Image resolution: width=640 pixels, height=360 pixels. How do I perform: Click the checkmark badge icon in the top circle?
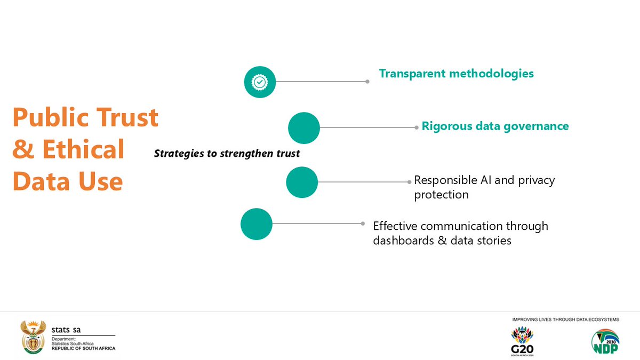(260, 82)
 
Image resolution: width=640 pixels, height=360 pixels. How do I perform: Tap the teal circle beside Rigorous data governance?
(304, 128)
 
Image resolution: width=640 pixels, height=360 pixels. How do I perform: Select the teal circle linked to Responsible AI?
(302, 182)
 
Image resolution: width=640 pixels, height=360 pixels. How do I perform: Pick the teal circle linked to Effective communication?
(257, 224)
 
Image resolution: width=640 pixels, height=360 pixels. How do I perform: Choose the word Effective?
(397, 226)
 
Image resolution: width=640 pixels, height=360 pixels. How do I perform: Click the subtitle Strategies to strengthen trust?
(227, 154)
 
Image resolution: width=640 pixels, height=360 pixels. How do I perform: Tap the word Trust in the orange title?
(129, 118)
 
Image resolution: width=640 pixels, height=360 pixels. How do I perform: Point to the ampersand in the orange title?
(22, 150)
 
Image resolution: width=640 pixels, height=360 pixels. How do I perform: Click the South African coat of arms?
(33, 338)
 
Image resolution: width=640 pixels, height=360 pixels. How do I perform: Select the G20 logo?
(522, 342)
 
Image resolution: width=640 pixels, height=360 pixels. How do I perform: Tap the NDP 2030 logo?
(605, 342)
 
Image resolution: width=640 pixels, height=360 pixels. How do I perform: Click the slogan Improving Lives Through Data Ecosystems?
(565, 319)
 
